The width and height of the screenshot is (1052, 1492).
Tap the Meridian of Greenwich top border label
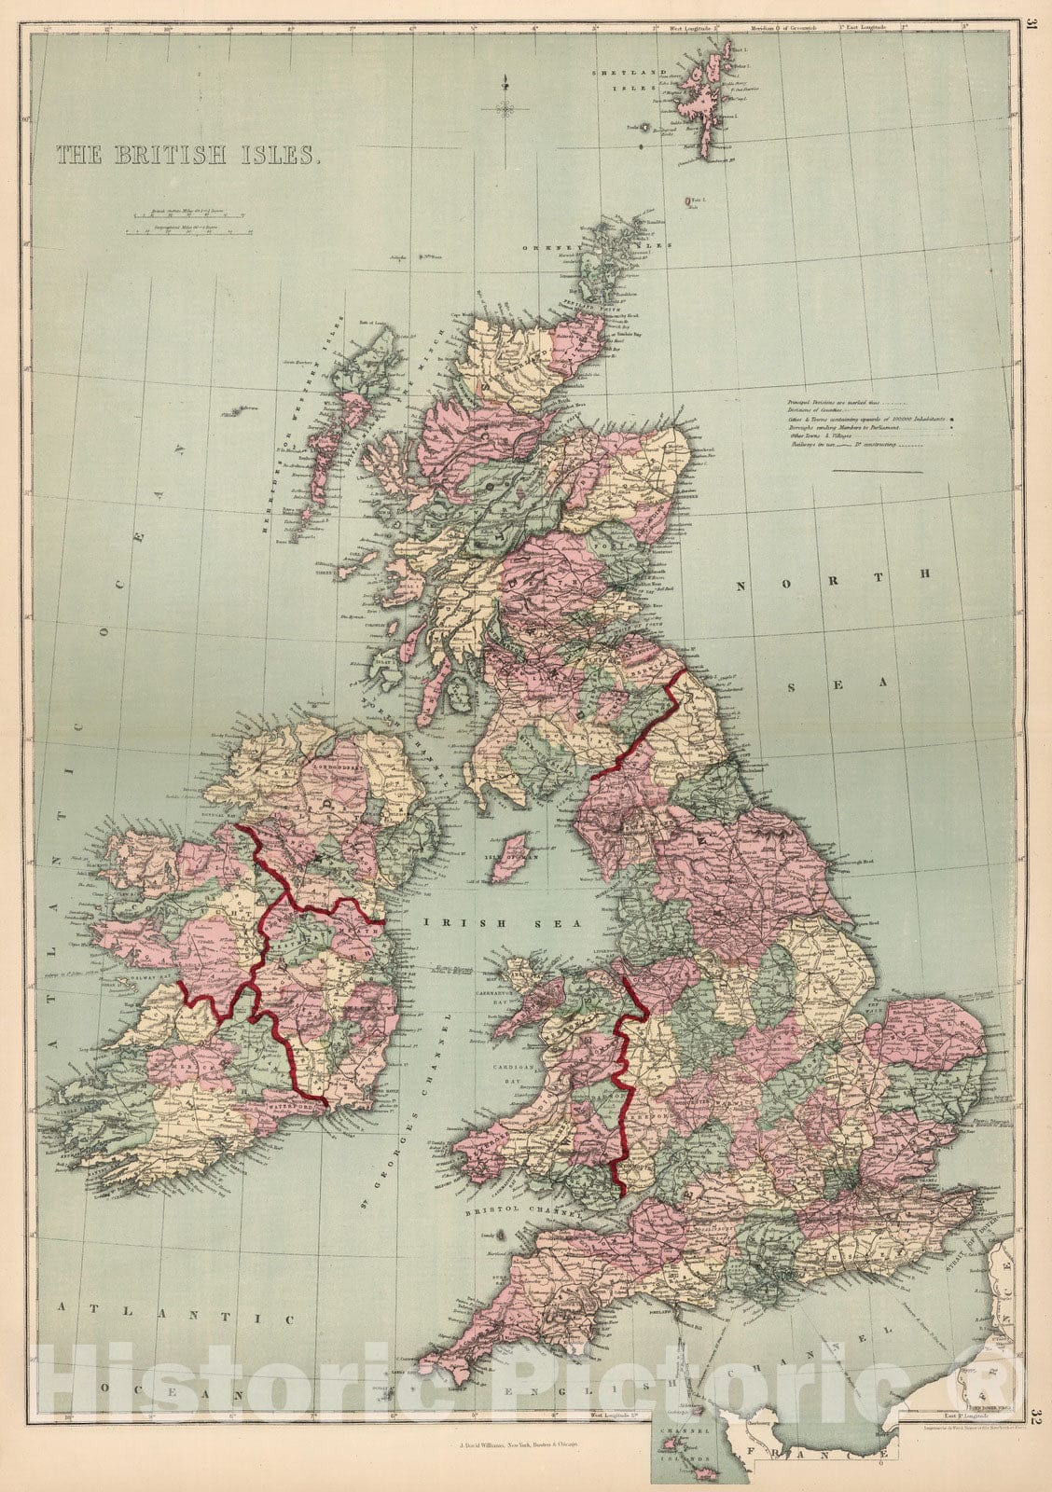click(789, 28)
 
